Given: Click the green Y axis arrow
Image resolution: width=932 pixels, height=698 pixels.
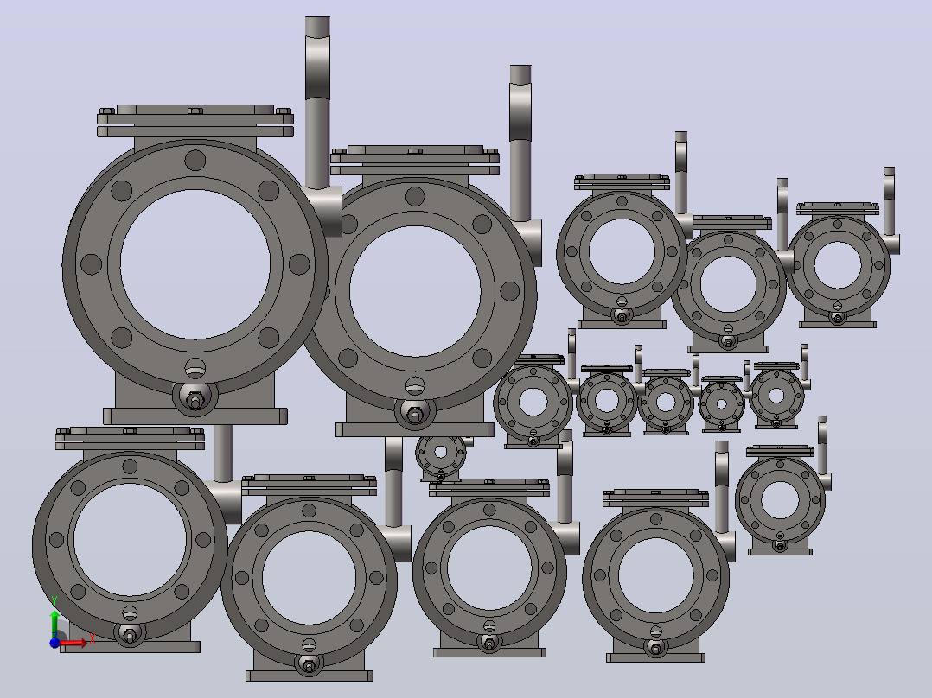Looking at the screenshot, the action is (54, 623).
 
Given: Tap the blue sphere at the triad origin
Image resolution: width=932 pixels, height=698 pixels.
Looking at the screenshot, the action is (54, 642).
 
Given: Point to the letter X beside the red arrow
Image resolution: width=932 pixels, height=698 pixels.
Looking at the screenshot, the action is (93, 639).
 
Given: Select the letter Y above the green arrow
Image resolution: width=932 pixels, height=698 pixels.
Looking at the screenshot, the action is (54, 601).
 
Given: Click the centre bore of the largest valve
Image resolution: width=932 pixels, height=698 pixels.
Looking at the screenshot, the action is (195, 264).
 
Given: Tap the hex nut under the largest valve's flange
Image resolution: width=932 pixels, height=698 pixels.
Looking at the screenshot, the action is (195, 401).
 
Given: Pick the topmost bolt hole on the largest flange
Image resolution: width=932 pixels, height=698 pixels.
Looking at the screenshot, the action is (195, 161).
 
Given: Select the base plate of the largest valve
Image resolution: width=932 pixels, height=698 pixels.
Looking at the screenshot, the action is (195, 416).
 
